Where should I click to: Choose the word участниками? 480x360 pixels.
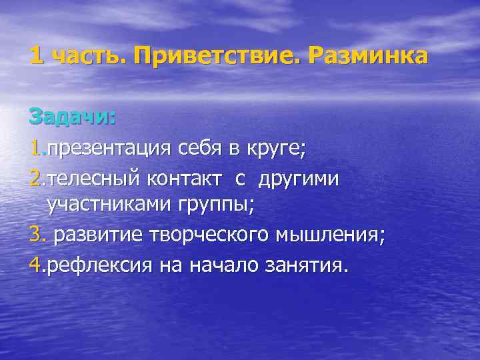point(109,205)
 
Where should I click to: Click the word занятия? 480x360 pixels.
point(307,266)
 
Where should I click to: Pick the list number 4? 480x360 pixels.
point(35,266)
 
